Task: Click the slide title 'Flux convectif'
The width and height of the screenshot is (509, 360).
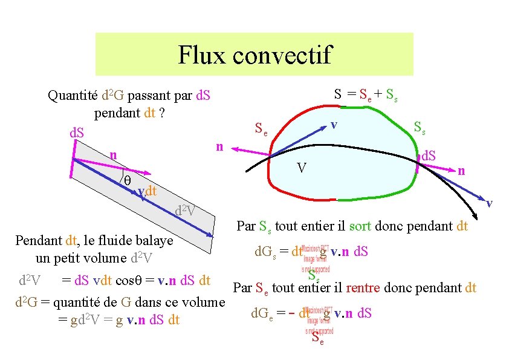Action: [254, 54]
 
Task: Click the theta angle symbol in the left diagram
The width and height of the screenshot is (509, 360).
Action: [127, 180]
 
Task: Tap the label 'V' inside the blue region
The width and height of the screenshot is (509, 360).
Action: [300, 167]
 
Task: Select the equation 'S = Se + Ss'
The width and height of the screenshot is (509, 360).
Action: [366, 94]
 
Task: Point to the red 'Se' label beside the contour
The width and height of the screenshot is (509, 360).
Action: [261, 128]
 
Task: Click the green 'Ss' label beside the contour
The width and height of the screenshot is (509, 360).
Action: [419, 128]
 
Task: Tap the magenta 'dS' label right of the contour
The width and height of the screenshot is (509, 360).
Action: [430, 155]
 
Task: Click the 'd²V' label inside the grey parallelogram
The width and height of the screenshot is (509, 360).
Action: [185, 211]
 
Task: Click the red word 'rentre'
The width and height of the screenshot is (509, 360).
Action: [362, 288]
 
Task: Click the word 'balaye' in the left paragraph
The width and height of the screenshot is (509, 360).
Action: [153, 240]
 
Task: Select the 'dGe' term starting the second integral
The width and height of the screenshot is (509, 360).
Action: [267, 313]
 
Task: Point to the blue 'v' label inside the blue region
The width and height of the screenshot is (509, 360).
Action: [333, 125]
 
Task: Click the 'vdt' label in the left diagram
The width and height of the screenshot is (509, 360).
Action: [147, 193]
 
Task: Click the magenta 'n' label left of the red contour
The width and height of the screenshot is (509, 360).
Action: [221, 147]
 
